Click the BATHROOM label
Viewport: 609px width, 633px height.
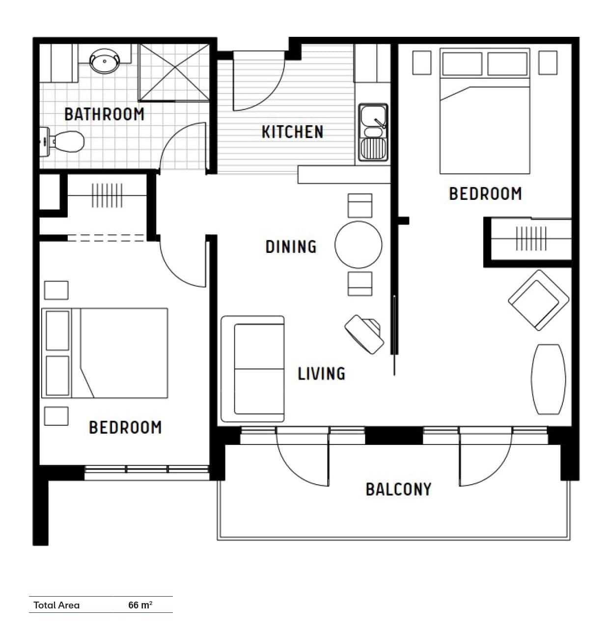coord(105,114)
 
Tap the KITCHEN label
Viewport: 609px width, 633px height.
coord(292,132)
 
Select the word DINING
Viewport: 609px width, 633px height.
coord(291,247)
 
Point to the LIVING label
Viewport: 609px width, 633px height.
coord(321,373)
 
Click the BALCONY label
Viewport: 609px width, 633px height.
coord(398,490)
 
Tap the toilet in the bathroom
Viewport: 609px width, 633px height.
coord(62,142)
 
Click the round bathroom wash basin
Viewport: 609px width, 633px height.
coord(105,61)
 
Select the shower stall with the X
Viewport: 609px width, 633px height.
coord(174,72)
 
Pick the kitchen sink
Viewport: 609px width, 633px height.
coord(373,132)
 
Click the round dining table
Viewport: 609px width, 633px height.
coord(359,245)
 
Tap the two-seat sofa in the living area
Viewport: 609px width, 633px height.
coord(253,369)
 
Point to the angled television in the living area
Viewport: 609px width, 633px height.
coord(364,334)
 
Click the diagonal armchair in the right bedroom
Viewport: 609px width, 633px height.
coord(538,300)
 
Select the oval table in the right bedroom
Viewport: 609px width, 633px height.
coord(549,379)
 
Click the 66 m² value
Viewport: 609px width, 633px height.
coord(140,605)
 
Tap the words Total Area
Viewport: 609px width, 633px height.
coord(56,605)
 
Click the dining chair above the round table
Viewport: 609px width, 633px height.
coord(360,206)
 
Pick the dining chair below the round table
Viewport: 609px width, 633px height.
coord(360,284)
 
